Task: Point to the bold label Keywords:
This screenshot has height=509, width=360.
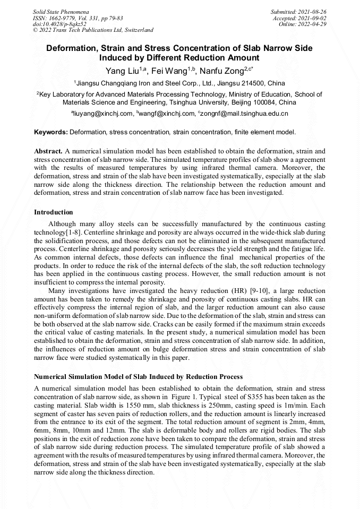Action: (x=50, y=132)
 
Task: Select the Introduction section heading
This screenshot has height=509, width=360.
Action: (x=54, y=212)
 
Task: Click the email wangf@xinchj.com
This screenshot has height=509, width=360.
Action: (x=167, y=114)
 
